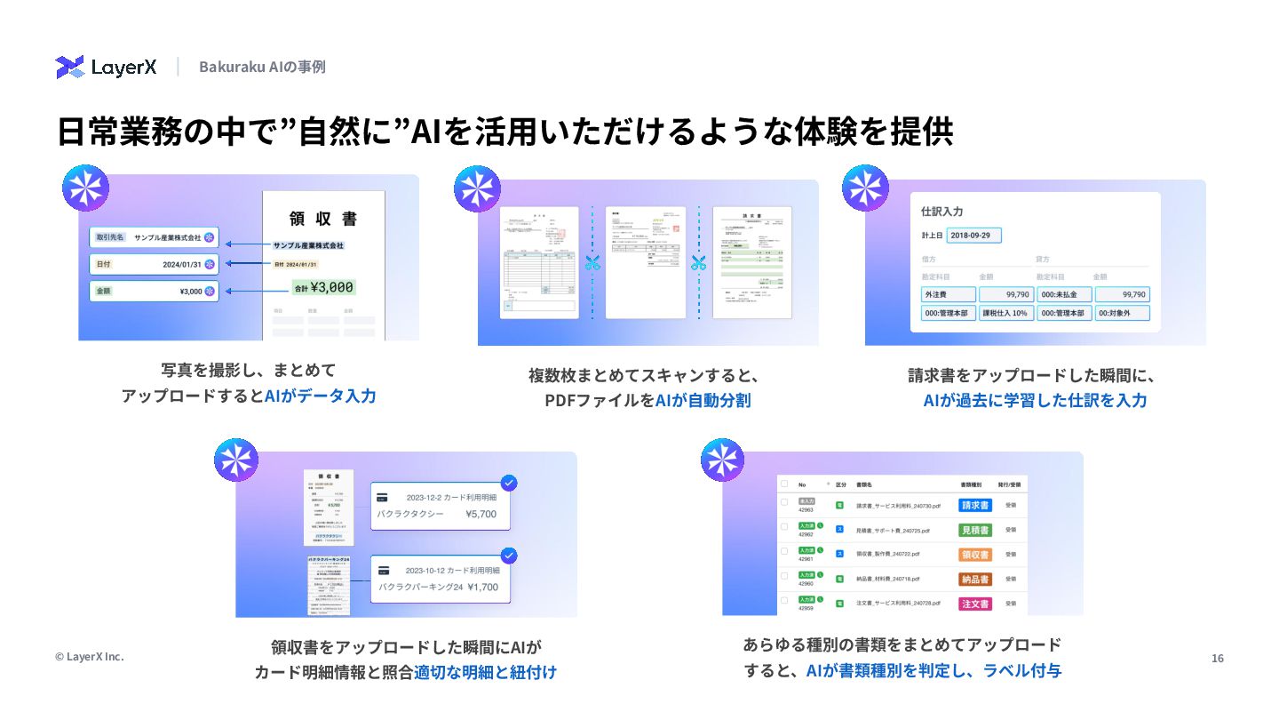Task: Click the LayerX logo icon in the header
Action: point(70,67)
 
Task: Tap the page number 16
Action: point(1218,658)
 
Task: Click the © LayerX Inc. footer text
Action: point(89,657)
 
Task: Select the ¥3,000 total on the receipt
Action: point(324,287)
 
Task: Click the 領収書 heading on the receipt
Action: point(323,218)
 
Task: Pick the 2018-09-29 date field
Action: point(973,236)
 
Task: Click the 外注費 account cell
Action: point(949,294)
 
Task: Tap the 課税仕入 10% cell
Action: point(1006,313)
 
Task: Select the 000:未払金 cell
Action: point(1064,294)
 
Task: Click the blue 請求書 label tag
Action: point(975,505)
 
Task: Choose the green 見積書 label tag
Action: point(975,530)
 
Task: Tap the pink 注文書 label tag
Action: point(975,604)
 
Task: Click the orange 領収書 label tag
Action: point(975,555)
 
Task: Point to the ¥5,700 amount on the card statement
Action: point(481,514)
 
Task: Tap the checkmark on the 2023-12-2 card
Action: point(509,483)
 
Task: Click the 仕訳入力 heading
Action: point(942,212)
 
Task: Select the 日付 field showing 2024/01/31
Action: point(154,264)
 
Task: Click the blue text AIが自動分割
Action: point(703,400)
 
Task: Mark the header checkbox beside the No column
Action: point(784,484)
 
